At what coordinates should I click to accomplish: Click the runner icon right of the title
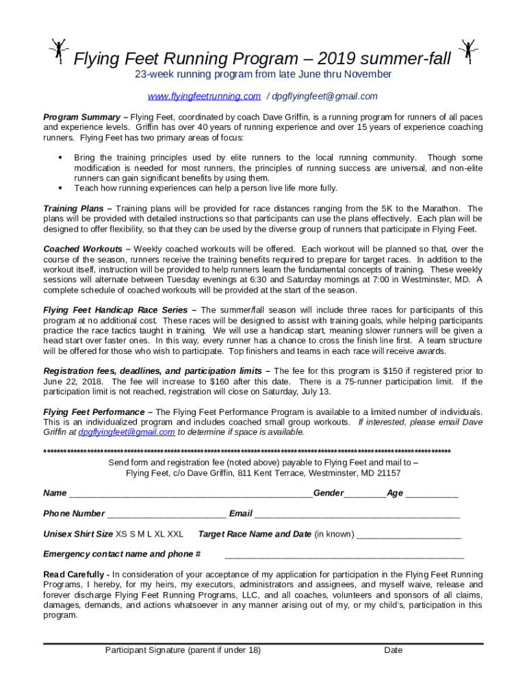[x=470, y=51]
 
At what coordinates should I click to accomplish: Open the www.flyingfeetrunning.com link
[x=205, y=96]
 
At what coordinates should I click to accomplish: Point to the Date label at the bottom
[x=394, y=650]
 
